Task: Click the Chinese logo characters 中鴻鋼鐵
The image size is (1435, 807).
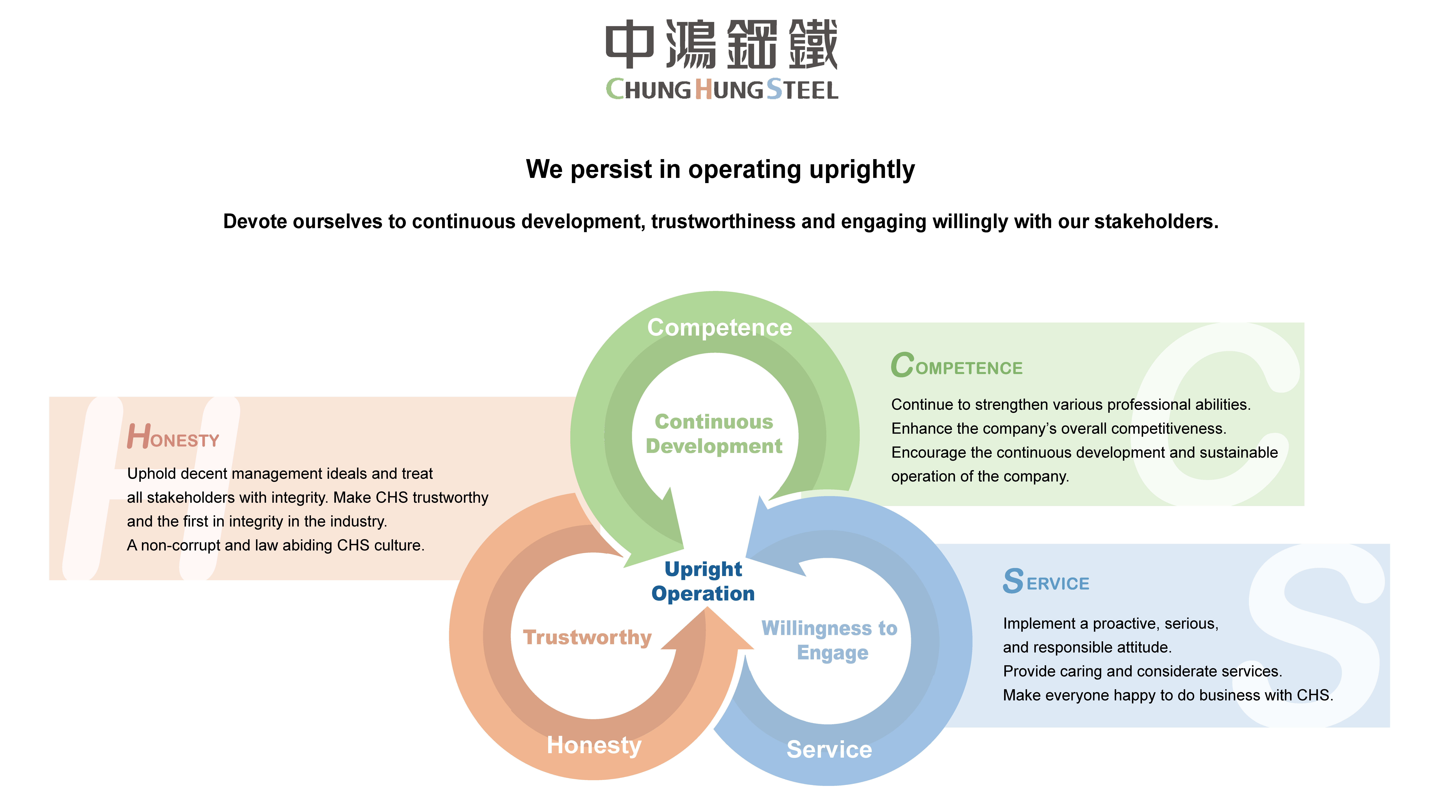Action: [x=721, y=45]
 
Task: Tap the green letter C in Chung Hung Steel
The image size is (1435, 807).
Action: [x=615, y=89]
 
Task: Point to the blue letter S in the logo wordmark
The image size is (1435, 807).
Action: [x=774, y=89]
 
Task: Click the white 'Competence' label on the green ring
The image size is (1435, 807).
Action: [x=719, y=328]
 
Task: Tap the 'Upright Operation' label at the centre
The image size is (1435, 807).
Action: [x=703, y=581]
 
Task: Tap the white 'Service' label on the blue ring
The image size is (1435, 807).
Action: [x=829, y=750]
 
